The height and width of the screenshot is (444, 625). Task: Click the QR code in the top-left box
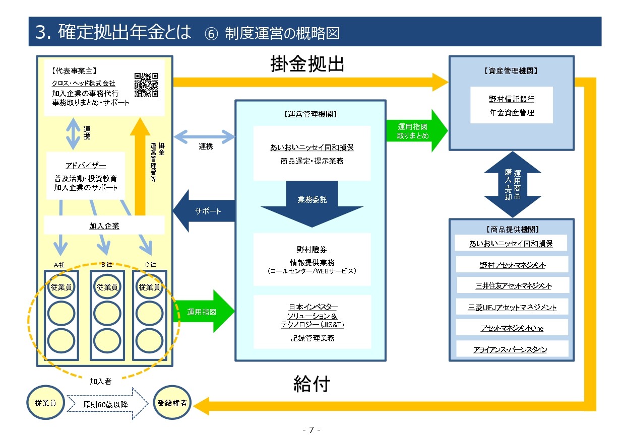[x=146, y=85]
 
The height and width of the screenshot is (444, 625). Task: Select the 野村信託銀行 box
[x=511, y=105]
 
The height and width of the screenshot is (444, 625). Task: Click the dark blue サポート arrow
[x=204, y=211]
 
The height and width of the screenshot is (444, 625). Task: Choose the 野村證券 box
[x=312, y=259]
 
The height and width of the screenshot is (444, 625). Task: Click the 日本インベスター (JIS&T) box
[x=312, y=322]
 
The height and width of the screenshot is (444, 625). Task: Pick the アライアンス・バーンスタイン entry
[x=510, y=349]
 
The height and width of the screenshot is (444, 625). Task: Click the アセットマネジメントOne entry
[x=512, y=328]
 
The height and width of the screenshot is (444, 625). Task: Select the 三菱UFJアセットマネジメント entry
[x=512, y=307]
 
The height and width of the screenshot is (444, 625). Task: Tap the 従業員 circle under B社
[x=107, y=287]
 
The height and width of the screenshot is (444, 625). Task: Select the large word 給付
[x=311, y=385]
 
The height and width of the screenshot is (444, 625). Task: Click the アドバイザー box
[x=86, y=176]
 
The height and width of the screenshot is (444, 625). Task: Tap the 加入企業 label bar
[x=104, y=226]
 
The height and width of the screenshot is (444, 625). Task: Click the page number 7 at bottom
[x=311, y=430]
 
